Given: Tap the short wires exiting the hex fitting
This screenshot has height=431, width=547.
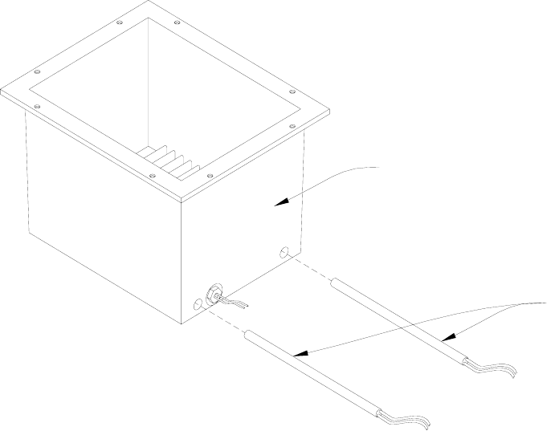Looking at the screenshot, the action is click(x=237, y=303).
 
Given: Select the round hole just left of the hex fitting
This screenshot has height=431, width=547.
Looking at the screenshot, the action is click(x=200, y=305).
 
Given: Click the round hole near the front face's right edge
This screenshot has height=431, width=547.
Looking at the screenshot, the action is click(x=283, y=252).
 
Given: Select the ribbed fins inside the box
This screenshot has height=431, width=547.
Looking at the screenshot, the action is click(x=169, y=159).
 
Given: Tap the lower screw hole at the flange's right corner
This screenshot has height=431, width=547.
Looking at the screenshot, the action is click(x=293, y=126).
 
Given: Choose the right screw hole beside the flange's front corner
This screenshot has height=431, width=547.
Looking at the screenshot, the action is click(x=210, y=177).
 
